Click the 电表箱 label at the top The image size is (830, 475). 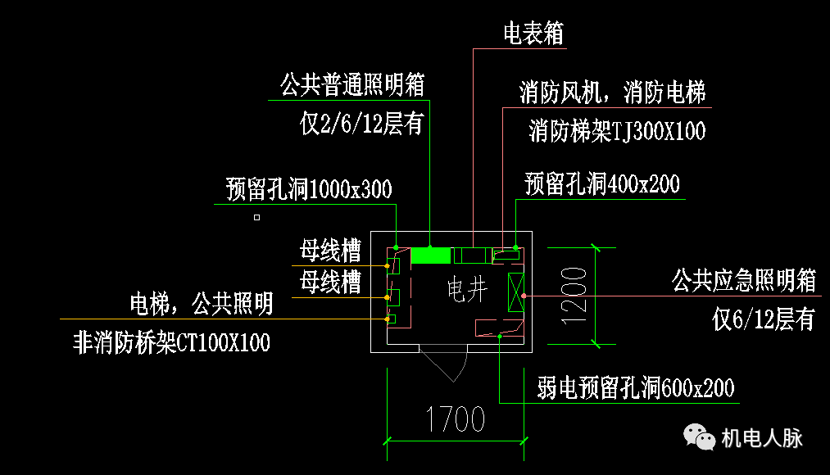[533, 34]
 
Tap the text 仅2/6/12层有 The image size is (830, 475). [361, 124]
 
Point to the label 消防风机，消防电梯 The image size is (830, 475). [612, 93]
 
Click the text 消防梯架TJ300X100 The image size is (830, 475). [617, 131]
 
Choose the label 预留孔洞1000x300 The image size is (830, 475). [309, 190]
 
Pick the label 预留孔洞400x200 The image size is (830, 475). [602, 183]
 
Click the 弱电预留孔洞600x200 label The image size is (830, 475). [636, 387]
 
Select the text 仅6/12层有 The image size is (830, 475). [764, 319]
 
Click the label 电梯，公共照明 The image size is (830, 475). [202, 305]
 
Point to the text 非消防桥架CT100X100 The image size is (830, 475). [171, 342]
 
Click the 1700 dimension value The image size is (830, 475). [456, 420]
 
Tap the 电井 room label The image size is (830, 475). [468, 289]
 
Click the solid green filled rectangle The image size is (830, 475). [430, 256]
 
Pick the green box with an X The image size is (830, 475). [515, 293]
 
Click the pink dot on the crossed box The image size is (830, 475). [524, 295]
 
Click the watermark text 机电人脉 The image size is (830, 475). [761, 438]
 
